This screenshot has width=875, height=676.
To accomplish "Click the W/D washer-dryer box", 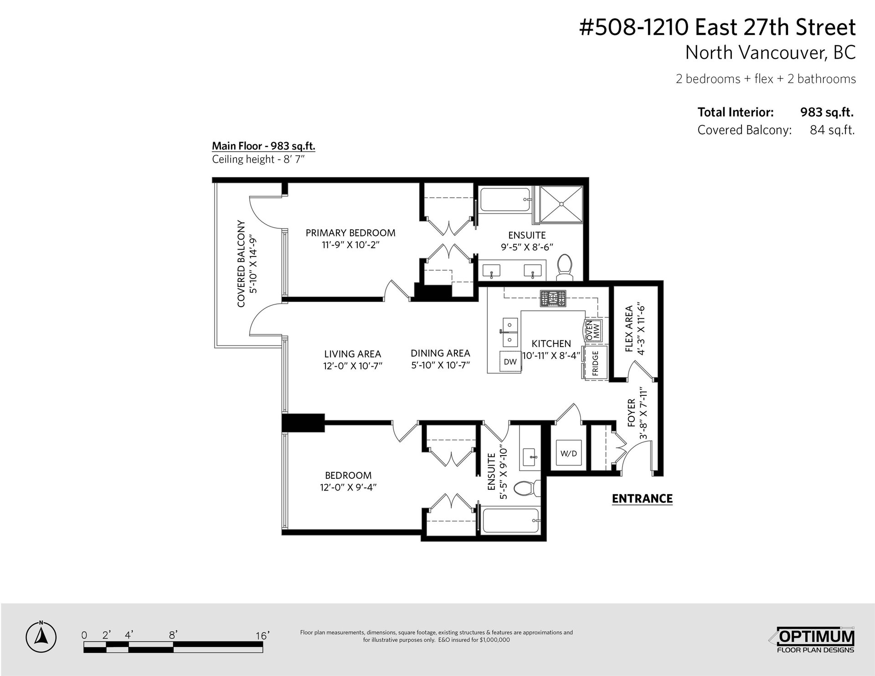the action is pyautogui.click(x=569, y=453).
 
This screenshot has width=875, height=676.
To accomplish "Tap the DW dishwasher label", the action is pyautogui.click(x=510, y=362).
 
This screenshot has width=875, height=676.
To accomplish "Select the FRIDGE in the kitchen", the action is pyautogui.click(x=595, y=363).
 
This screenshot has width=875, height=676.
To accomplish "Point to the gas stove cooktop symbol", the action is pyautogui.click(x=553, y=298).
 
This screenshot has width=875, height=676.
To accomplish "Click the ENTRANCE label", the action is pyautogui.click(x=642, y=499).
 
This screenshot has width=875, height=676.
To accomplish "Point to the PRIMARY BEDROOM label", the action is pyautogui.click(x=350, y=233).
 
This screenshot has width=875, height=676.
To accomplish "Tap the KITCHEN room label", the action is pyautogui.click(x=551, y=343).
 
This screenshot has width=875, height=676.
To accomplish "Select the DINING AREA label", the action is pyautogui.click(x=440, y=353).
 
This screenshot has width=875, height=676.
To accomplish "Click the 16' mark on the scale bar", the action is pyautogui.click(x=262, y=635).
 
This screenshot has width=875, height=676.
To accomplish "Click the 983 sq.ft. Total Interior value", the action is pyautogui.click(x=827, y=112).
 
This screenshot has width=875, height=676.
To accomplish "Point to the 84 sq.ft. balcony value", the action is pyautogui.click(x=832, y=130).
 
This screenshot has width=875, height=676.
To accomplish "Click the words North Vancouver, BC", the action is pyautogui.click(x=771, y=52).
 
